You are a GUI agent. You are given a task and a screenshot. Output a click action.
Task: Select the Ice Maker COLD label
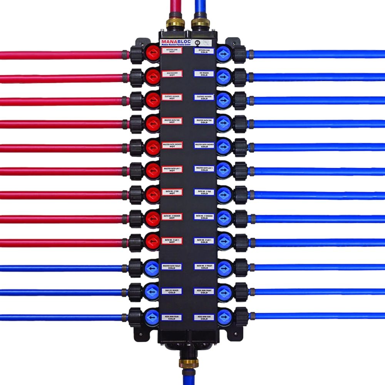[204, 74]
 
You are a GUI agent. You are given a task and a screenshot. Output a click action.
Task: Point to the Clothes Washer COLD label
[204, 98]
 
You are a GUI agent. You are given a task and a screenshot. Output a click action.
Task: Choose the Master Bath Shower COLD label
[204, 146]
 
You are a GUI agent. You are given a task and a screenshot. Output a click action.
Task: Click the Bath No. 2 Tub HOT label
[172, 192]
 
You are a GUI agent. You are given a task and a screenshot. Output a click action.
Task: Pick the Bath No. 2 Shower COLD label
[204, 216]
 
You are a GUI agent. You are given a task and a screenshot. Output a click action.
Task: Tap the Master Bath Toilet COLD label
[172, 267]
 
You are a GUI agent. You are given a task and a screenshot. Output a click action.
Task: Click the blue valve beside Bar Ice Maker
[152, 291]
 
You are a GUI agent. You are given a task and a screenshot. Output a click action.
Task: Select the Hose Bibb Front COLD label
[204, 291]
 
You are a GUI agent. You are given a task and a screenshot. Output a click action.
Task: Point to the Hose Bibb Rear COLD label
[172, 317]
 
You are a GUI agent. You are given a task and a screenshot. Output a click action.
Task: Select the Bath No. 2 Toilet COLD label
[204, 267]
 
